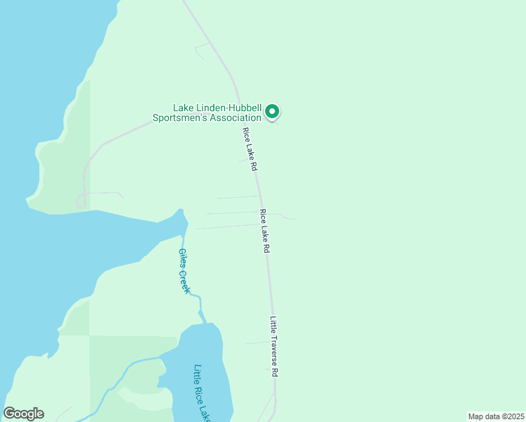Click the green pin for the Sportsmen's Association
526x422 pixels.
click(x=272, y=111)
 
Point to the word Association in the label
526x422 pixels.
click(x=237, y=117)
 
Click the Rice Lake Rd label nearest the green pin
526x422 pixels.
click(x=250, y=150)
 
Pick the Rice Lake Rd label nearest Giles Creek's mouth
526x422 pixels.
click(x=265, y=231)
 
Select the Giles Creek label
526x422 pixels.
click(x=184, y=271)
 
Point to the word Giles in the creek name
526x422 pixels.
click(x=181, y=257)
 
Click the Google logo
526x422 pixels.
click(x=23, y=414)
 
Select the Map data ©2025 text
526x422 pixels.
click(x=496, y=416)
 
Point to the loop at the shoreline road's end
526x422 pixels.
click(x=81, y=201)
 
